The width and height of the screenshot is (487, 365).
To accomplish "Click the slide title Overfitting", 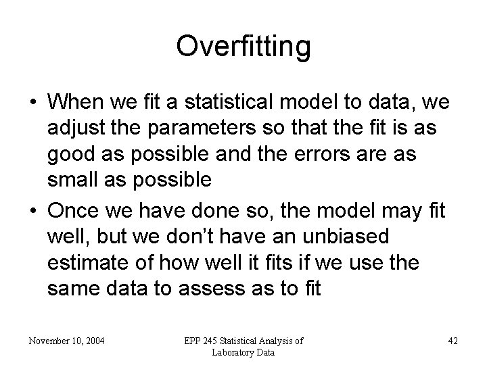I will tap(243, 47).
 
